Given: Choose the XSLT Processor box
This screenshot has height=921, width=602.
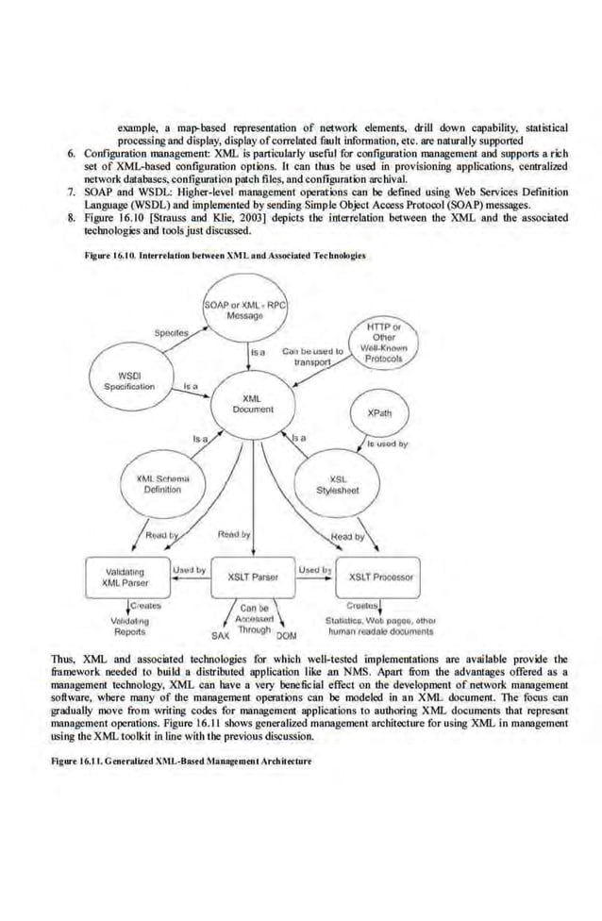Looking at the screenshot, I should pyautogui.click(x=378, y=577).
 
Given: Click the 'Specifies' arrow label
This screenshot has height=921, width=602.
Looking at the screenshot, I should pyautogui.click(x=172, y=333).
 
